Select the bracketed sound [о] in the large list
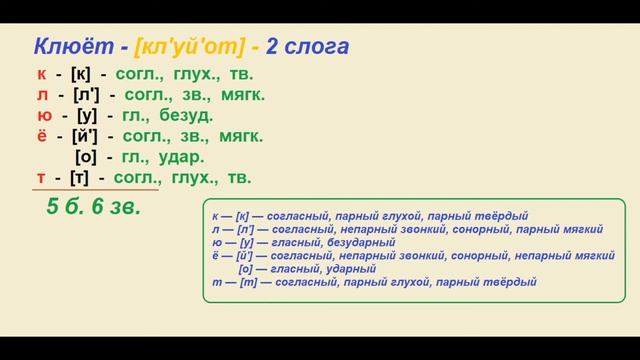[x=87, y=157]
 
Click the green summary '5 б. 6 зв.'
[x=94, y=208]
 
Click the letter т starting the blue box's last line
[x=216, y=282]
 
